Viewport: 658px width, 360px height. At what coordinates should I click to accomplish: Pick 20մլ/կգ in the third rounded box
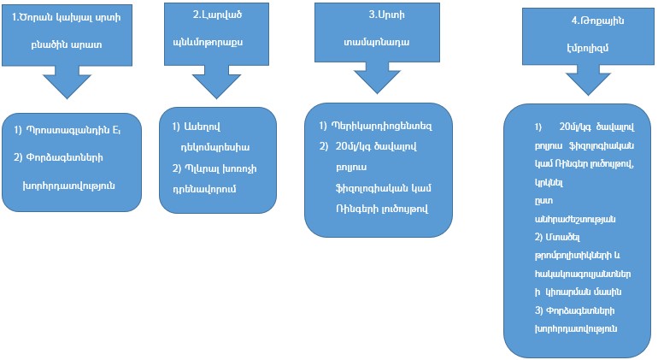351,146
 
